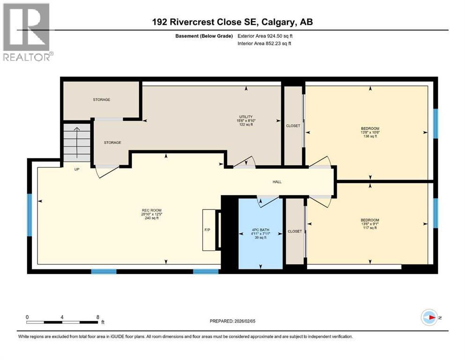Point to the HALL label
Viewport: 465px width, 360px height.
click(x=277, y=182)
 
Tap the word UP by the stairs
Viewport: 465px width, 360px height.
click(x=77, y=169)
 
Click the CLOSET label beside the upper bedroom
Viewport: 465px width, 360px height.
click(x=293, y=126)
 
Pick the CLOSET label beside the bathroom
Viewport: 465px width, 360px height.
click(x=295, y=231)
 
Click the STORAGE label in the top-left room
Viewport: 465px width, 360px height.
click(x=101, y=100)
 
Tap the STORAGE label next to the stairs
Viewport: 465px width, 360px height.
click(x=112, y=142)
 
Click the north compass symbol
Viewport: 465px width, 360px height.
click(x=429, y=318)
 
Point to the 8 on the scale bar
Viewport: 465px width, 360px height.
click(x=97, y=317)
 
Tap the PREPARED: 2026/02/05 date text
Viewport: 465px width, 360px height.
click(x=234, y=321)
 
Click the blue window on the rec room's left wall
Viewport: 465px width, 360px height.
click(x=29, y=216)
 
